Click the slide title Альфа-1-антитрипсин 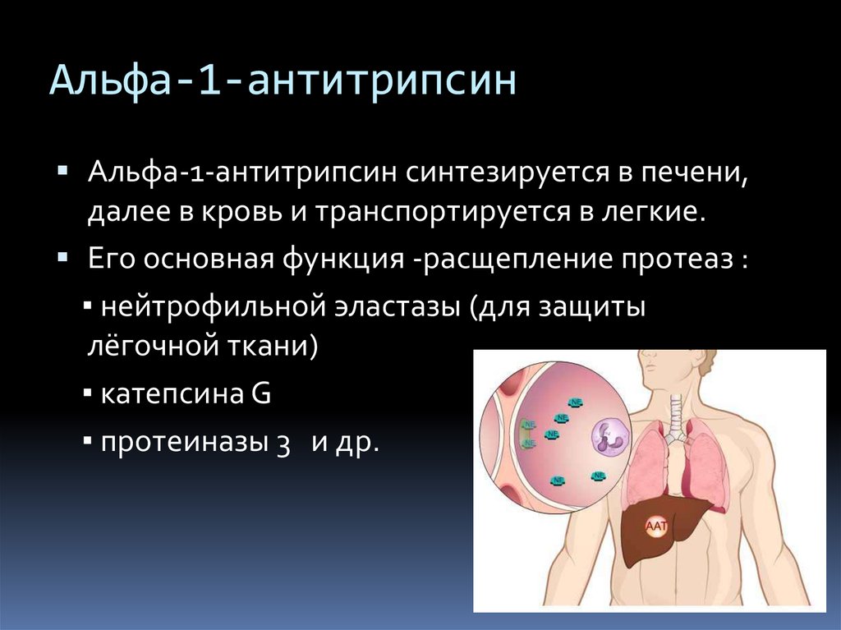(283, 81)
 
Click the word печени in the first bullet (695, 174)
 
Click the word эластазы (398, 307)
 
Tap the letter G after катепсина (260, 393)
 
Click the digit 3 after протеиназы (283, 444)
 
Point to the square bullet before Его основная (62, 258)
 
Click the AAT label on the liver (656, 527)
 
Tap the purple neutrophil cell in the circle (610, 435)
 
